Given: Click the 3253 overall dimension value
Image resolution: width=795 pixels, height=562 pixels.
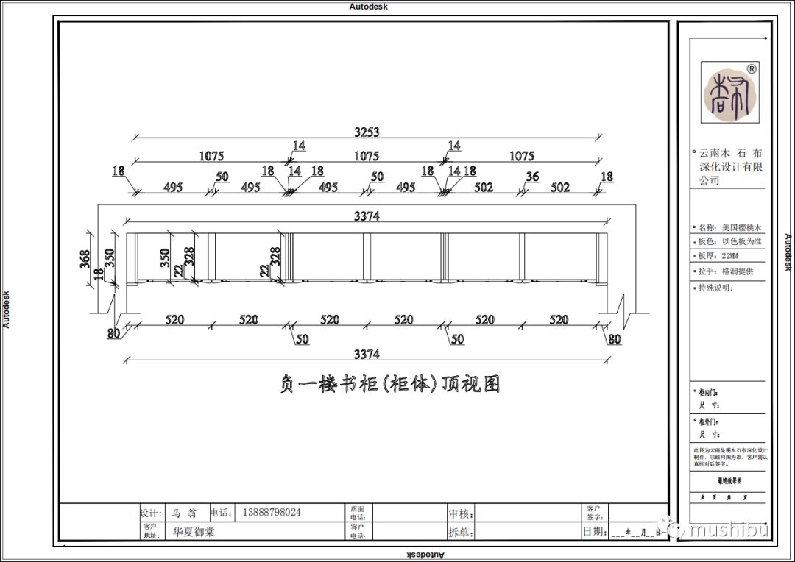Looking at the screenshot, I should [x=367, y=132].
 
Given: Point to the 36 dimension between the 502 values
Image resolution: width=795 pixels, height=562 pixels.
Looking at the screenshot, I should [x=533, y=177].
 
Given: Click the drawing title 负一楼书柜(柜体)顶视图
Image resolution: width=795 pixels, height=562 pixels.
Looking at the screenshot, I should [x=390, y=385].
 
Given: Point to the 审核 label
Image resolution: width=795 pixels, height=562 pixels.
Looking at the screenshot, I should [x=460, y=513].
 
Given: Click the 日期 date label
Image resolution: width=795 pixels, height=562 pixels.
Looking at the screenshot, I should [x=594, y=531].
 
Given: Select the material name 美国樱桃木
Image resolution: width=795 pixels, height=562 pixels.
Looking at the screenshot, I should [x=741, y=228].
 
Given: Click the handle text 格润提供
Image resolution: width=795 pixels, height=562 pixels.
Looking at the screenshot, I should [x=738, y=271].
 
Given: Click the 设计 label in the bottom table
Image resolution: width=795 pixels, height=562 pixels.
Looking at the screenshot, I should [x=150, y=513].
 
